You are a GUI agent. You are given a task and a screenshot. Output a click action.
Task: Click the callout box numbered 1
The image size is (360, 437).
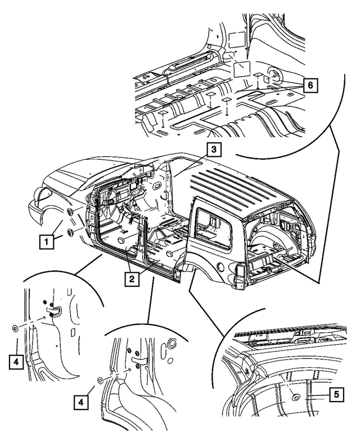[46, 242]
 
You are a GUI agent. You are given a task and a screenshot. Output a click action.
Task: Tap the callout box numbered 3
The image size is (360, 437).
[213, 149]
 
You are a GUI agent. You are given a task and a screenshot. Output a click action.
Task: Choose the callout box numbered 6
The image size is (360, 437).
[309, 85]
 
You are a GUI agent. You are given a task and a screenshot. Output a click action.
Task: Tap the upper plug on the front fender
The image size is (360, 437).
[70, 213]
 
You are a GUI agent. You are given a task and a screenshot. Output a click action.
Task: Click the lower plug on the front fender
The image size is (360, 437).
[70, 233]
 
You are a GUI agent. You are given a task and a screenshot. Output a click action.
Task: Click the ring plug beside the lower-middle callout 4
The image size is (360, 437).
[99, 380]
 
